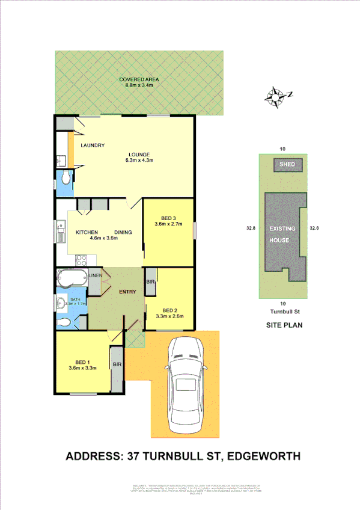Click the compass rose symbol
click(276, 96)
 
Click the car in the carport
click(186, 384)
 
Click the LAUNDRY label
click(93, 146)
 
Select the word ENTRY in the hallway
click(127, 292)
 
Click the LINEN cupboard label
click(95, 275)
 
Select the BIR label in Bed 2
click(151, 281)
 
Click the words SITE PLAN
click(284, 325)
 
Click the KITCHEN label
click(87, 233)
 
